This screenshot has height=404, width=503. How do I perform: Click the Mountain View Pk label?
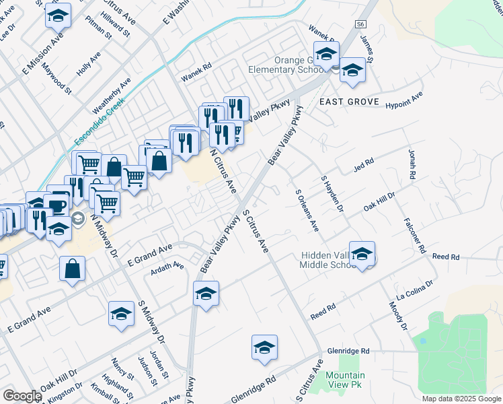pos(345,380)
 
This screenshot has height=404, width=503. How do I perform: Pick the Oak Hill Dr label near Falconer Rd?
pos(379,200)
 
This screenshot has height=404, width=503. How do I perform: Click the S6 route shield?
pos(362,24)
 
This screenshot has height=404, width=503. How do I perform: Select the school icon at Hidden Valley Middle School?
pos(362,253)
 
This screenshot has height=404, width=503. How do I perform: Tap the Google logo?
pos(22,396)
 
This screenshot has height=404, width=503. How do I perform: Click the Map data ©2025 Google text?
pos(461,399)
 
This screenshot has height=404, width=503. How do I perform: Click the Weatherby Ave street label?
pos(111,95)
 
